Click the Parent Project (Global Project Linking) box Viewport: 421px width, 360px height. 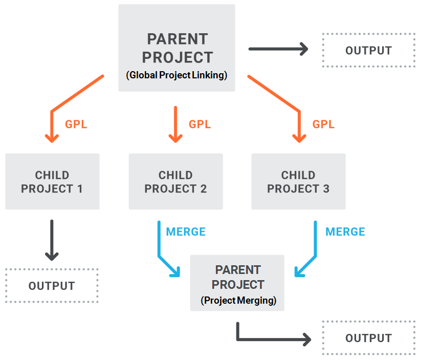tap(176, 48)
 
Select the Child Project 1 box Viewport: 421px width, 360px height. tap(52, 181)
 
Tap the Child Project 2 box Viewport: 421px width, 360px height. tap(176, 181)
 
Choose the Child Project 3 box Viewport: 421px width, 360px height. tap(299, 181)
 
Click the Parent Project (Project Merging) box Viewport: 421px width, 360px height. tap(237, 283)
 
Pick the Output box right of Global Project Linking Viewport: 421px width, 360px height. tap(369, 50)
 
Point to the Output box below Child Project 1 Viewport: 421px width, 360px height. tap(52, 286)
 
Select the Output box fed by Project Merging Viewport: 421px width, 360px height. tap(369, 338)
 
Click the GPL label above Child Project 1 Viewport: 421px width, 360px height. tap(76, 124)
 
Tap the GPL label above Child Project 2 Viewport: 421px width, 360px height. tap(200, 124)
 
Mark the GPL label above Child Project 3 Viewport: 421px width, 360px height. tap(323, 124)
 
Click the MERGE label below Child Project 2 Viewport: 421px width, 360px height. tap(186, 232)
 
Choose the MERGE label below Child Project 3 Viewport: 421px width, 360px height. tap(345, 232)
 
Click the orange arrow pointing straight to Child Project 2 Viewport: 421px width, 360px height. tap(175, 124)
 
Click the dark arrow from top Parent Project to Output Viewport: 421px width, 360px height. tap(278, 49)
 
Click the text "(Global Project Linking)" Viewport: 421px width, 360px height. tap(176, 75)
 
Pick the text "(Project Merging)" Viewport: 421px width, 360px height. tap(238, 300)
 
